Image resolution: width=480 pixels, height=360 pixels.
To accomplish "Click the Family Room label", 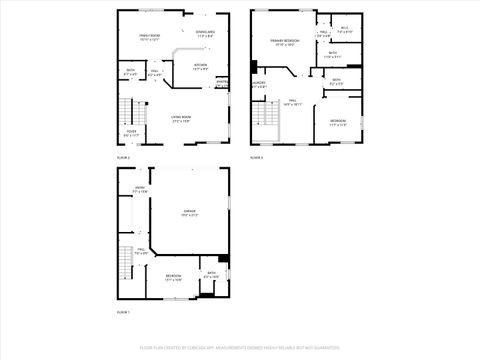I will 150,36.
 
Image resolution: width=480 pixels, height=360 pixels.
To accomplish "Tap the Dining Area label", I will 205,33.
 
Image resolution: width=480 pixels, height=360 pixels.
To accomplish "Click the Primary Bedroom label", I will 284,41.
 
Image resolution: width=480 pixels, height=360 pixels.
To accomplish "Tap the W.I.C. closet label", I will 344,29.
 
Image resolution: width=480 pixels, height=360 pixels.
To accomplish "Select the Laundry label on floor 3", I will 259,85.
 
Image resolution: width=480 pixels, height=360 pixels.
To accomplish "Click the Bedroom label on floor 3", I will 339,122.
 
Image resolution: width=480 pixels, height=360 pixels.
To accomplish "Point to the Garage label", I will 189,212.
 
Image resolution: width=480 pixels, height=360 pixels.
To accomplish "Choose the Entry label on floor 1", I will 140,189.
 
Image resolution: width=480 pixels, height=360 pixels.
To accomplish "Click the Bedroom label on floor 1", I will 174,276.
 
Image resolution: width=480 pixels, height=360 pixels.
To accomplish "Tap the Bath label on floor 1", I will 211,274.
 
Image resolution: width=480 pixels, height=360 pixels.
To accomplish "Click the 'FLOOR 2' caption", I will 124,158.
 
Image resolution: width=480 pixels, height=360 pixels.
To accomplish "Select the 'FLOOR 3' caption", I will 257,158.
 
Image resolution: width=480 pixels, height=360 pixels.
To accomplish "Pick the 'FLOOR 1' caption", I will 124,313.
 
